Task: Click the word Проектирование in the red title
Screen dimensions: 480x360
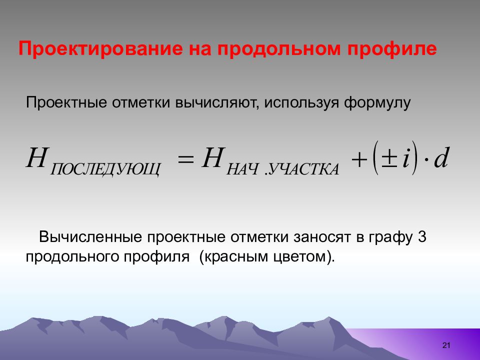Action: point(100,49)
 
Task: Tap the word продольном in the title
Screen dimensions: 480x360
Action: point(279,49)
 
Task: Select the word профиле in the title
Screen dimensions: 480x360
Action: point(392,49)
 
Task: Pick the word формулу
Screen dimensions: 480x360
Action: point(377,103)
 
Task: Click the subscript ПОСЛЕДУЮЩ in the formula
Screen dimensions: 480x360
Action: point(105,169)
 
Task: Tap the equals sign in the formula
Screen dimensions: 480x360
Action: point(186,159)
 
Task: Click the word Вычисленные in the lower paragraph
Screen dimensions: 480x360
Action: point(90,237)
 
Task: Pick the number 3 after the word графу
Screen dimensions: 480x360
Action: point(422,237)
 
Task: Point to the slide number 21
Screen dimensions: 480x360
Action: point(446,345)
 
